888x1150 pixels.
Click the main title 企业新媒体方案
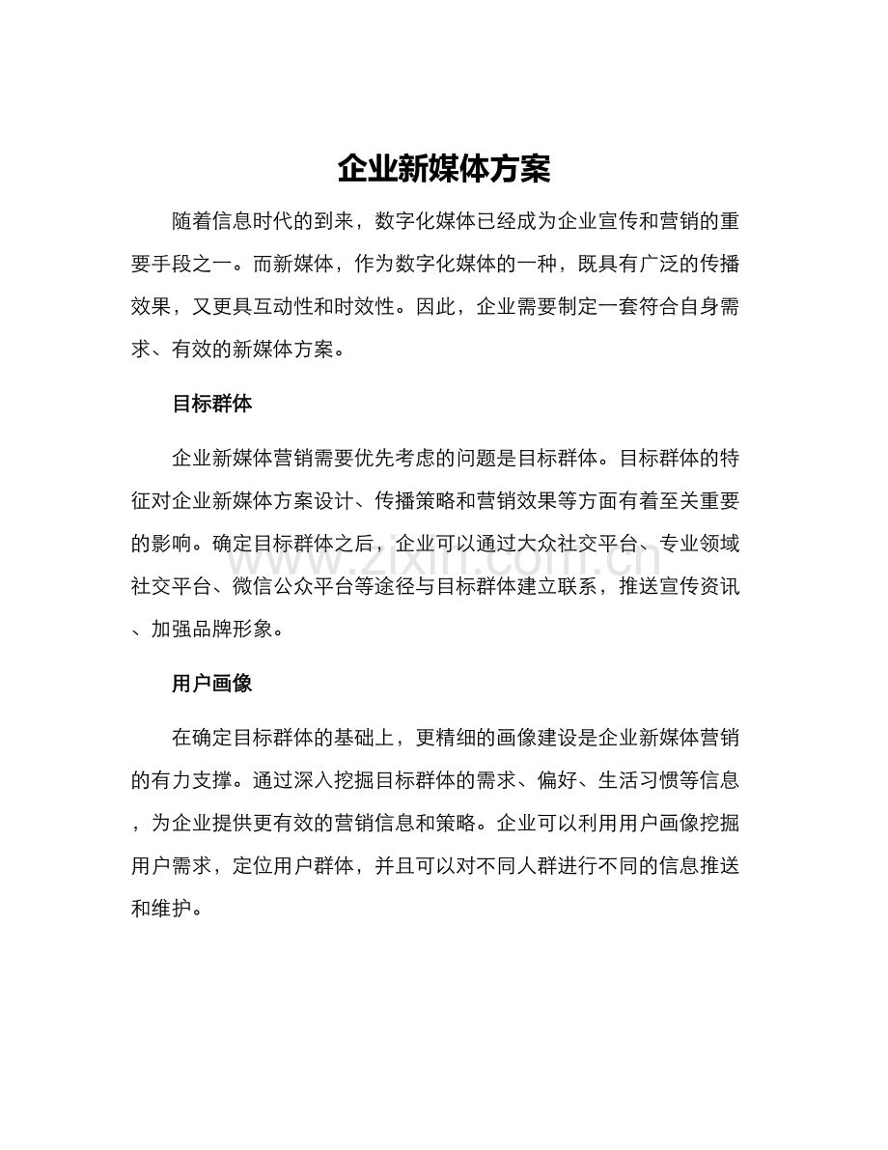coord(444,170)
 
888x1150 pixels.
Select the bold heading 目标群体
coord(211,405)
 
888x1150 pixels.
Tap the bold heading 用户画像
coord(211,684)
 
